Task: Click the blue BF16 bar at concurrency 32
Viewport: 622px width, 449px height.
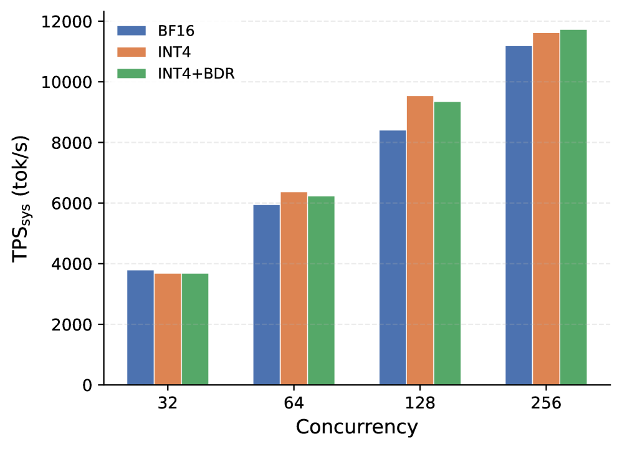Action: click(x=140, y=327)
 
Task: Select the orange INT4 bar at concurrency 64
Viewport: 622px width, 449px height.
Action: click(x=294, y=289)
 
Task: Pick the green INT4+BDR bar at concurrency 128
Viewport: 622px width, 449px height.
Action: click(x=447, y=243)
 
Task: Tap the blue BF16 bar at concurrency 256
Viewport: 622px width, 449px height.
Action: click(x=519, y=216)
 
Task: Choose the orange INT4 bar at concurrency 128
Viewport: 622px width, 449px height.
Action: click(x=420, y=241)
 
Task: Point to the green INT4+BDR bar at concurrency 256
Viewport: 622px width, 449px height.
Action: click(x=573, y=207)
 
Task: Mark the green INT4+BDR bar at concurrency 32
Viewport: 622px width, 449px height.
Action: click(x=195, y=329)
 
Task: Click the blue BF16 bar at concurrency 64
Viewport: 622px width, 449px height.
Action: click(x=267, y=295)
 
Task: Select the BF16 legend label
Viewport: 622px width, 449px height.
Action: click(x=176, y=31)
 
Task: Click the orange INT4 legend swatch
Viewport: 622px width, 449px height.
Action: click(x=132, y=52)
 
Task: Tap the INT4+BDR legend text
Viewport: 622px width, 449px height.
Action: click(x=196, y=74)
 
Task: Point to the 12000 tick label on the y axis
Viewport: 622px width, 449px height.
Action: click(x=67, y=22)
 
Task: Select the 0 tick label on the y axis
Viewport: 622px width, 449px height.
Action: click(x=87, y=385)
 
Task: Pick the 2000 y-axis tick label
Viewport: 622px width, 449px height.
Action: click(x=72, y=325)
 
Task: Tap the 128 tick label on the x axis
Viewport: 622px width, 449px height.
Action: click(x=420, y=403)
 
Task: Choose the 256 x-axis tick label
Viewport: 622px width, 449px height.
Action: click(x=546, y=403)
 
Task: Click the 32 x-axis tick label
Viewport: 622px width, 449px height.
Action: click(x=168, y=403)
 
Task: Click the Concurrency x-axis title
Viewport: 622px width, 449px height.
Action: click(x=357, y=428)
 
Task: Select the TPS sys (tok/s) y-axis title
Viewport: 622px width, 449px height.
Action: click(x=21, y=198)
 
